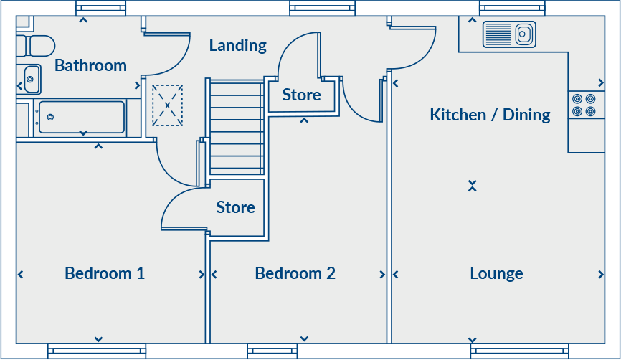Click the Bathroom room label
click(90, 65)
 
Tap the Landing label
click(237, 45)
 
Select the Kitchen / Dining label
click(490, 115)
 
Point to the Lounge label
click(496, 273)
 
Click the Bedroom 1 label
click(105, 273)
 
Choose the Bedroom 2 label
click(295, 273)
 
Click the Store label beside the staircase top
click(301, 95)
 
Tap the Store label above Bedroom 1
click(235, 207)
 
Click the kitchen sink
click(509, 33)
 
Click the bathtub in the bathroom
click(81, 116)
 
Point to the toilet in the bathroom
click(36, 45)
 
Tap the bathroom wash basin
click(30, 79)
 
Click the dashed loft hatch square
click(167, 105)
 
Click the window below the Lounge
click(519, 351)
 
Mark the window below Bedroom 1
click(97, 351)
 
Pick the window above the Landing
click(323, 9)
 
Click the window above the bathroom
click(101, 9)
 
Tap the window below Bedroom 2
click(272, 351)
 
